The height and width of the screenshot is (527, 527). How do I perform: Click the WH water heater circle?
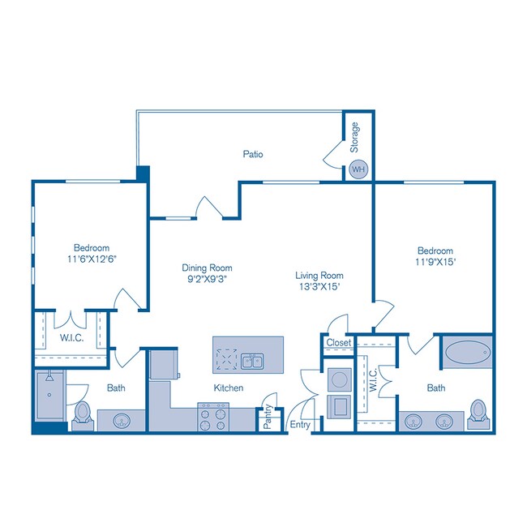(356, 169)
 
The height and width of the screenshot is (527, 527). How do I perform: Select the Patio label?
(253, 153)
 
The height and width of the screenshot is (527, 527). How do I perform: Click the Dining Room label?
(207, 268)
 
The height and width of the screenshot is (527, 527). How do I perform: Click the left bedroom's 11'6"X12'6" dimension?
(92, 259)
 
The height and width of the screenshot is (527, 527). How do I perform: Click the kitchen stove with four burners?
(213, 418)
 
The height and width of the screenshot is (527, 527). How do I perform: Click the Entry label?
(299, 424)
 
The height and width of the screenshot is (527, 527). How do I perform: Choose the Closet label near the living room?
(338, 343)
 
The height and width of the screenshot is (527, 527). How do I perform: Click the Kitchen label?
(229, 388)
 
